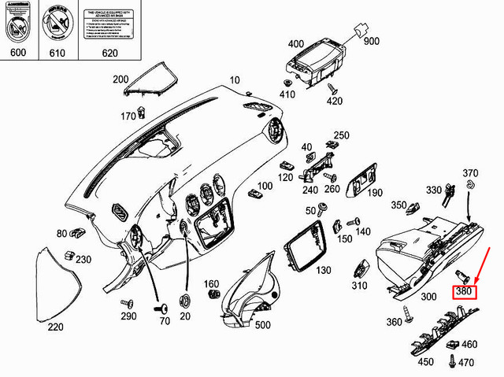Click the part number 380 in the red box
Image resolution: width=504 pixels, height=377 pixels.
pyautogui.click(x=464, y=292)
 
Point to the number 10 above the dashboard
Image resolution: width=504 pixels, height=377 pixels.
pyautogui.click(x=235, y=81)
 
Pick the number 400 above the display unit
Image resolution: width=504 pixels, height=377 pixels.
pyautogui.click(x=296, y=43)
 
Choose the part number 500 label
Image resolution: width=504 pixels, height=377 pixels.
pyautogui.click(x=262, y=325)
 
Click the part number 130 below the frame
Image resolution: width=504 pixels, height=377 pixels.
pyautogui.click(x=323, y=270)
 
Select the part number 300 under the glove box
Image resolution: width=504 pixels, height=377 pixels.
pyautogui.click(x=428, y=297)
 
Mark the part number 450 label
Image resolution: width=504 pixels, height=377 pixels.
pyautogui.click(x=425, y=362)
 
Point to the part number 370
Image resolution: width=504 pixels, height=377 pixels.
pyautogui.click(x=470, y=173)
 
